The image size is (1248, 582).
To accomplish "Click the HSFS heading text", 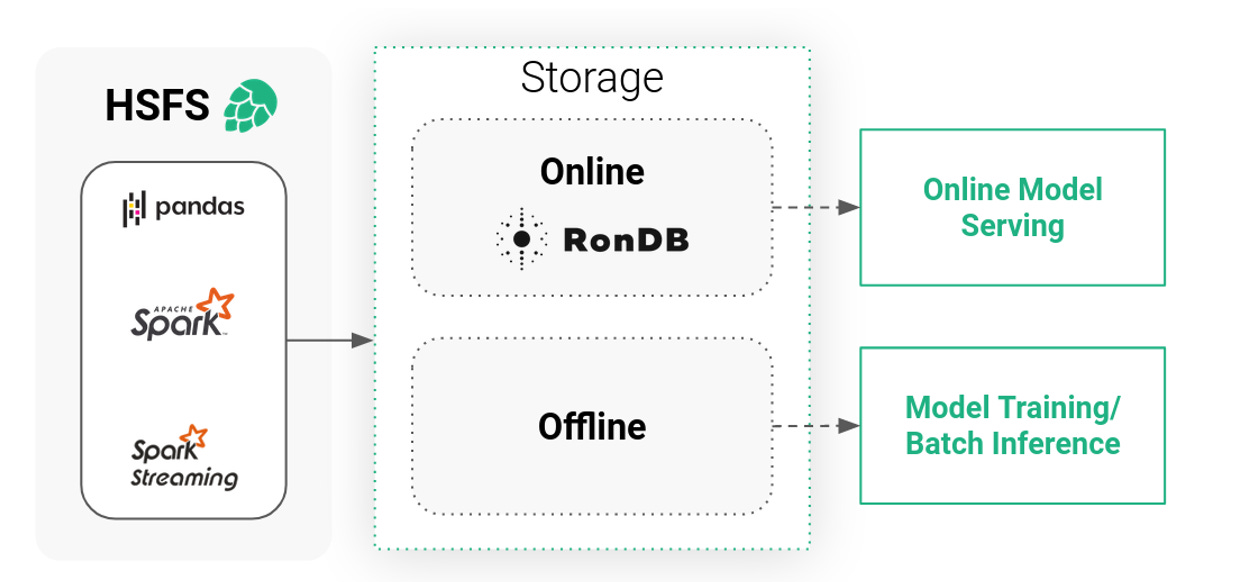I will click(x=157, y=106).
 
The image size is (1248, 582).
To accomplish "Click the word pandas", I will click(x=200, y=208).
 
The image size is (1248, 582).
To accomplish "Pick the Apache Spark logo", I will click(x=184, y=313).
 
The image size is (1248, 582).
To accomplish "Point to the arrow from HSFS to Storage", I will click(x=329, y=341).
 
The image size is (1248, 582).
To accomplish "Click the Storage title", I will click(x=592, y=77).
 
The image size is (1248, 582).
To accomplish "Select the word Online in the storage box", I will click(x=592, y=171).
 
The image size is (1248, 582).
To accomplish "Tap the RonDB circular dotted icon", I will click(x=522, y=239).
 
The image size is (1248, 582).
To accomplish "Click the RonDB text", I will click(x=626, y=240).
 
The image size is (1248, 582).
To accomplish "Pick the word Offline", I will click(x=592, y=427).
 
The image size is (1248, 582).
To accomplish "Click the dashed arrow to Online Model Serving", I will click(x=815, y=207).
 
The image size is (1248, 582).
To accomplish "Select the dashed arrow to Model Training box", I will click(x=815, y=426).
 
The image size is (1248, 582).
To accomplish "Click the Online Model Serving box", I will click(x=1012, y=207).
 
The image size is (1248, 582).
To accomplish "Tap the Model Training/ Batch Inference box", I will click(x=1012, y=425).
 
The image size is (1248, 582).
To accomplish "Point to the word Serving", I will click(x=1012, y=226).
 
